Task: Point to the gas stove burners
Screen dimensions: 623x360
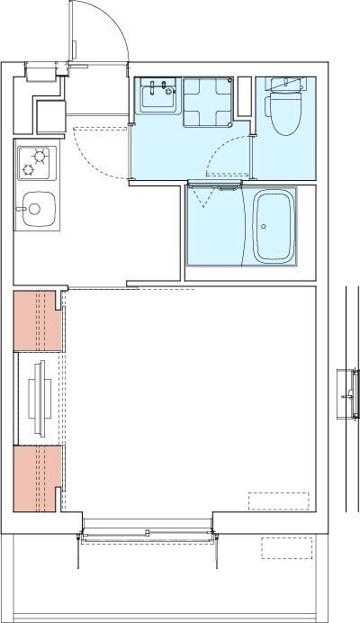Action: (36, 161)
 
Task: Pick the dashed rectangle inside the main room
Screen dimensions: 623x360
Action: (278, 501)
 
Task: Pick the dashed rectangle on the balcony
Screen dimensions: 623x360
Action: (287, 547)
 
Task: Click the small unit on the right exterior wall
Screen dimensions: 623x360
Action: (346, 395)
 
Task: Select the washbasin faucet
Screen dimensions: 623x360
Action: (157, 87)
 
